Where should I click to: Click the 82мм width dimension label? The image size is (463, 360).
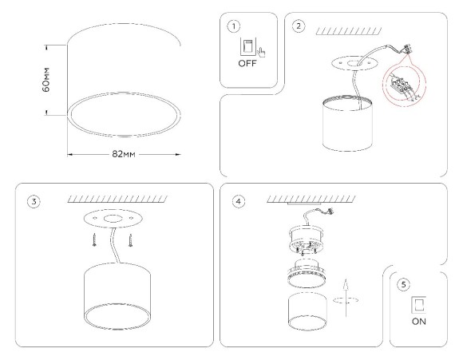tap(123, 152)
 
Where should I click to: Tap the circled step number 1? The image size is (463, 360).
tap(233, 26)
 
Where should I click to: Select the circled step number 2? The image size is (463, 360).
tap(299, 26)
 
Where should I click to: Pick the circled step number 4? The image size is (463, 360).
tap(238, 201)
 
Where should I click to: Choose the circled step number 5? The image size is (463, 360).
tap(405, 284)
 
